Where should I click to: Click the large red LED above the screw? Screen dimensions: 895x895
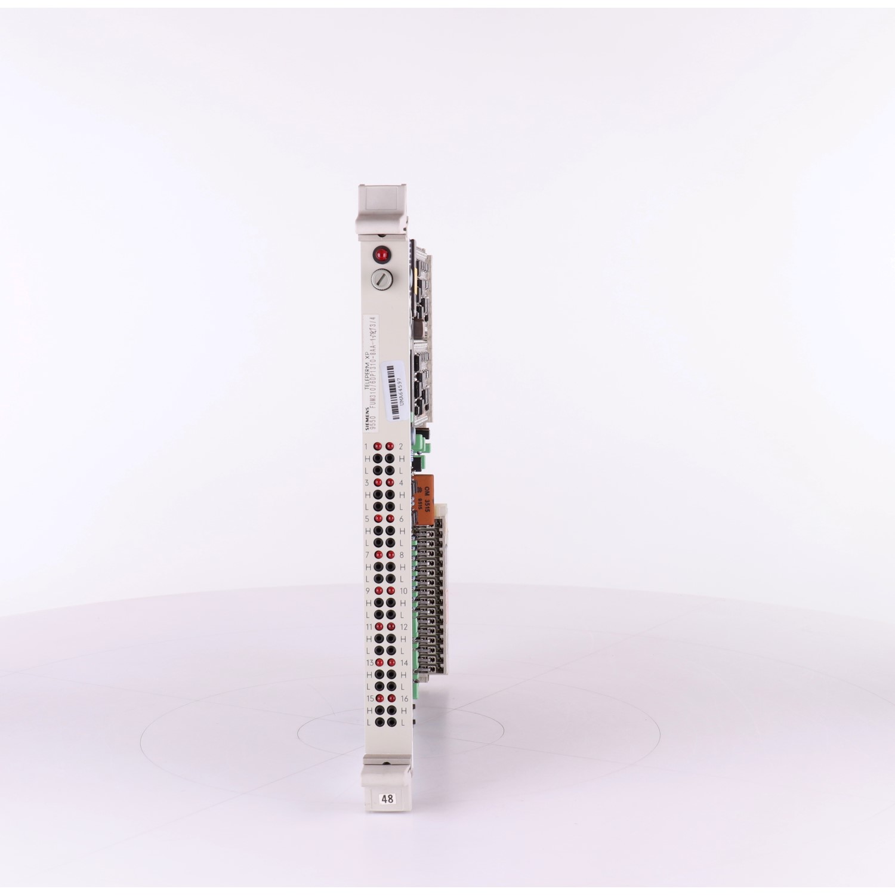(380, 255)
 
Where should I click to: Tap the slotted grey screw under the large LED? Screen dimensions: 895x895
(380, 278)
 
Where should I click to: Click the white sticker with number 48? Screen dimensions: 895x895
(387, 798)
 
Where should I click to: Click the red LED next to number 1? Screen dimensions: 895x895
(377, 446)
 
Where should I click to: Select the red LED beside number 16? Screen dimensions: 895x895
(391, 698)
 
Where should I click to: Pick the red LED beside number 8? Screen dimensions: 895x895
(391, 554)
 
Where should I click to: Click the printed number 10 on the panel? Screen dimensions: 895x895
(403, 591)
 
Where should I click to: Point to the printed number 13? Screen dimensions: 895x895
(369, 663)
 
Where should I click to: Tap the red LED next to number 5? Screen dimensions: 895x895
(377, 519)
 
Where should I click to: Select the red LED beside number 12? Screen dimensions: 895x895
(391, 626)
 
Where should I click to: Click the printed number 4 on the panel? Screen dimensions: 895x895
(401, 483)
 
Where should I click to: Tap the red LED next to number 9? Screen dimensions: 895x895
(377, 591)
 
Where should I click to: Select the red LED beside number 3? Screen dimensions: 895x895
(377, 483)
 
